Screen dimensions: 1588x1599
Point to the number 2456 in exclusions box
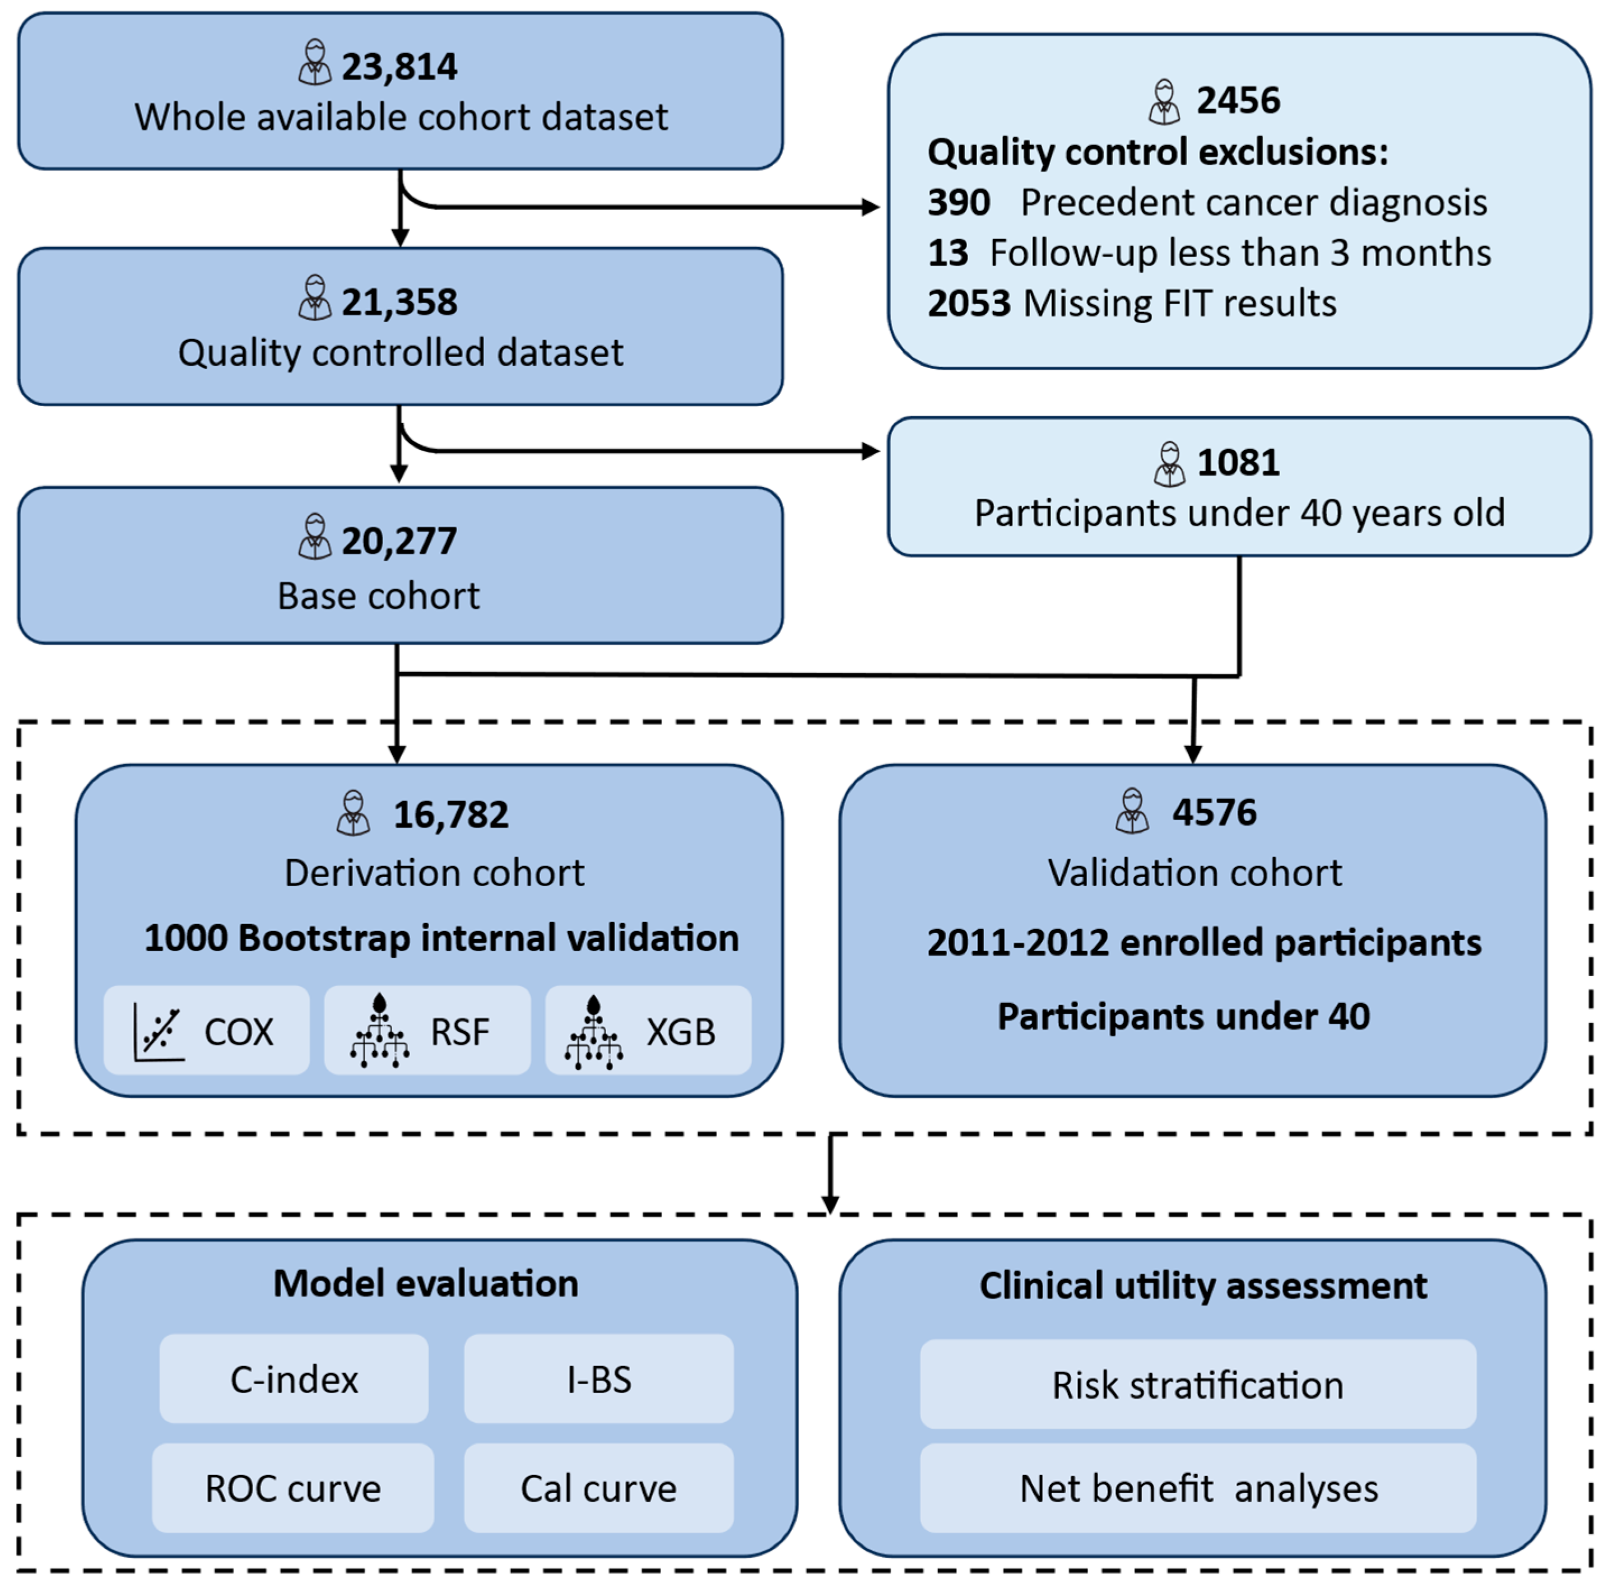coord(1238,101)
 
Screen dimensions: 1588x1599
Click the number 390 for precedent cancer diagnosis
coord(959,203)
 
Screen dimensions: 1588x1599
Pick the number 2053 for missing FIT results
coord(968,304)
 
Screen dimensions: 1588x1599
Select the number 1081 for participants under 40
coord(1238,463)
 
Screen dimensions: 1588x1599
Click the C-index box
coord(294,1380)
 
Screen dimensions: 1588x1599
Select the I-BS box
coord(598,1380)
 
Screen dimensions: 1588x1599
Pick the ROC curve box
coord(293,1488)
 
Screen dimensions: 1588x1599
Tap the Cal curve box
coord(598,1488)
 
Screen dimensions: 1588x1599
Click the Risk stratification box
coord(1198,1385)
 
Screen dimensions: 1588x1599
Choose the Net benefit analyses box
coord(1198,1488)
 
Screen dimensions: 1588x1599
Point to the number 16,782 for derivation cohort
coord(450,815)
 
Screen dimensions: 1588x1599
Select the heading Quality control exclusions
coord(1157,152)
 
